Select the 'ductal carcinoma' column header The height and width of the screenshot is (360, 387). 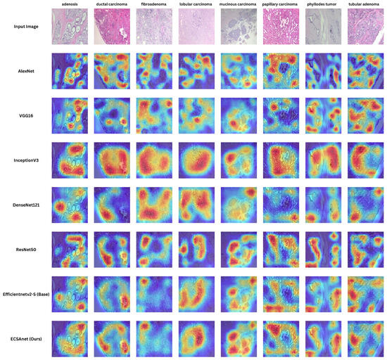(112, 5)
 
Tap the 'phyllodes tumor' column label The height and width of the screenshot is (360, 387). (323, 5)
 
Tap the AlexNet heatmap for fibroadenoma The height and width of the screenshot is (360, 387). (155, 71)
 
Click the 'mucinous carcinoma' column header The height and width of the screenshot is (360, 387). (239, 5)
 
